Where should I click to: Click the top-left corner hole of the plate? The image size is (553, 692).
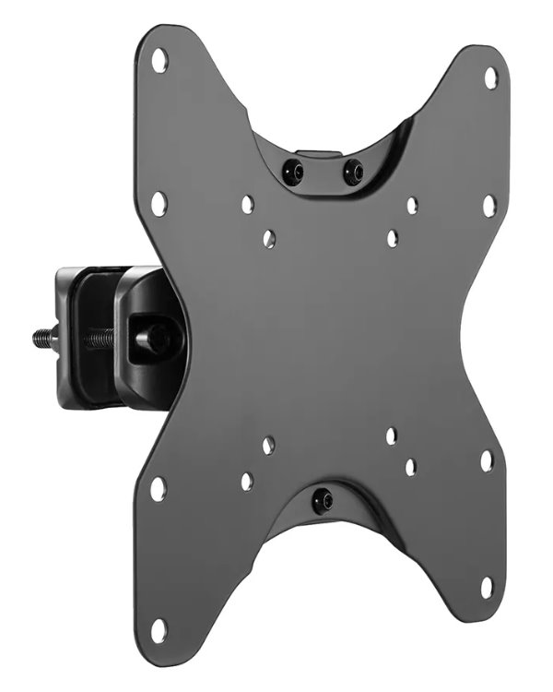159,63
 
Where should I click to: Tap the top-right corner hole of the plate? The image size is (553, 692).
490,78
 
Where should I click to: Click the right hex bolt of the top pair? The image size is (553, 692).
353,172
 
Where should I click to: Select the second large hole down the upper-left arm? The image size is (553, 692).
159,203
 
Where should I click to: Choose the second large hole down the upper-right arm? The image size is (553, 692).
488,205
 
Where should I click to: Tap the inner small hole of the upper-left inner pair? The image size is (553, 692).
268,238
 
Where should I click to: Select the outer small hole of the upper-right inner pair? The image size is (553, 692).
412,206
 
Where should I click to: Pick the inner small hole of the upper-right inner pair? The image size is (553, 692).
393,238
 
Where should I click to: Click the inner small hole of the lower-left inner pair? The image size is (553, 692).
267,446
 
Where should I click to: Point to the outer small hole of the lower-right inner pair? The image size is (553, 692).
410,467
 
